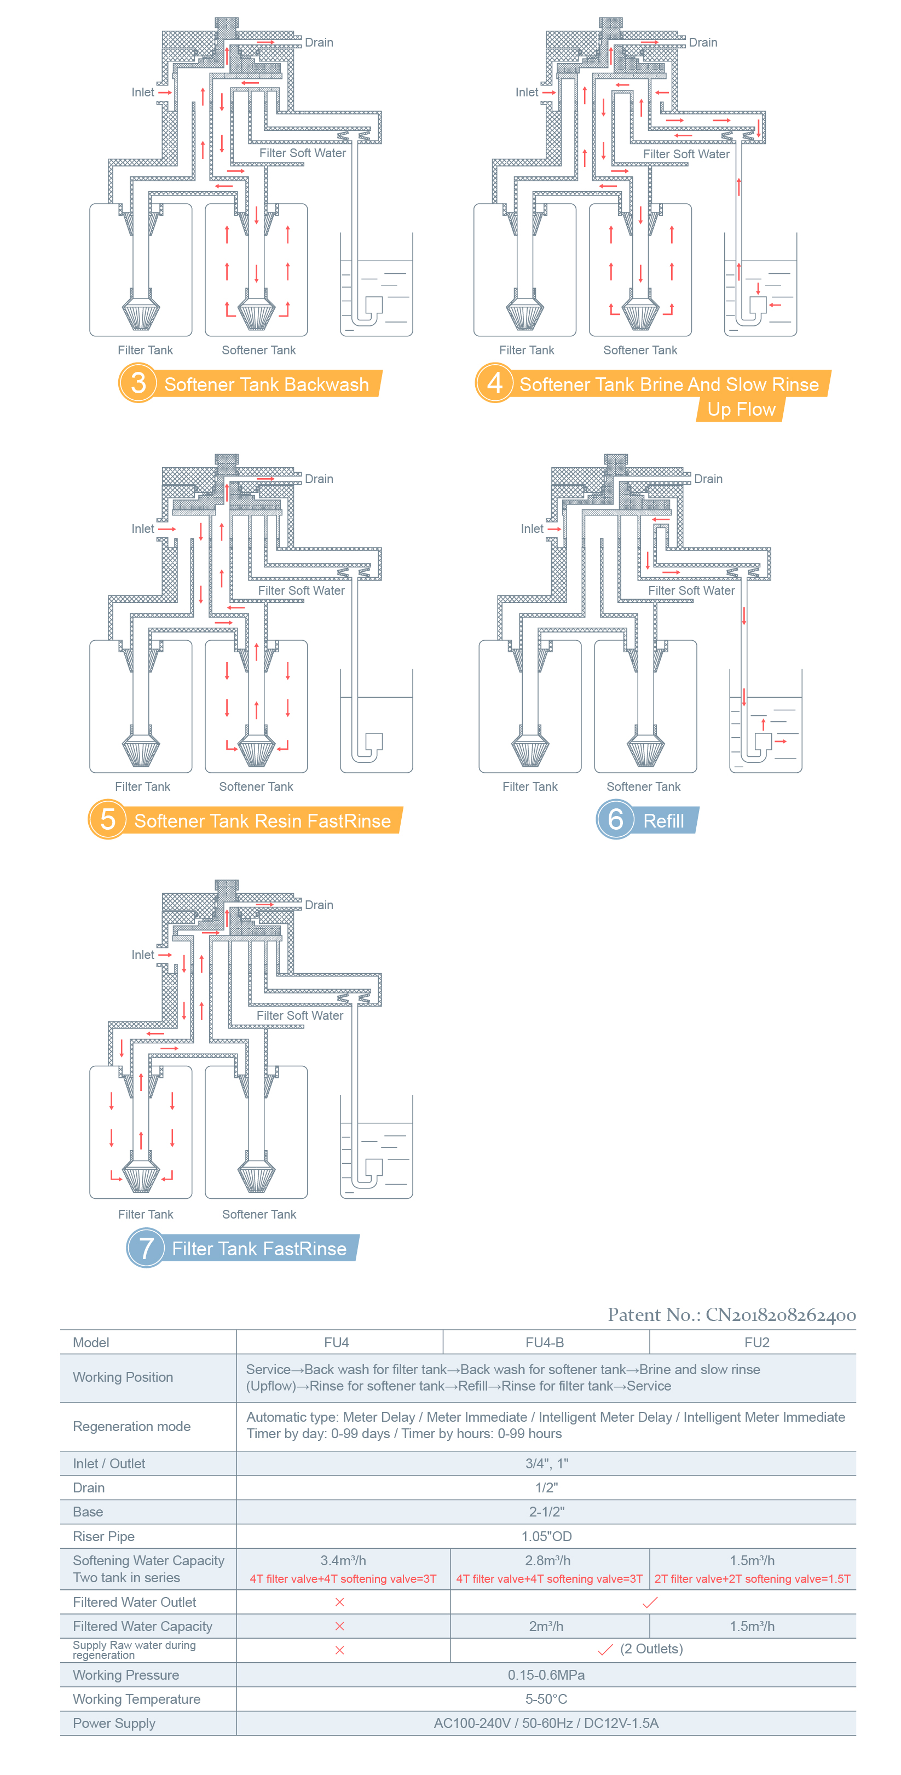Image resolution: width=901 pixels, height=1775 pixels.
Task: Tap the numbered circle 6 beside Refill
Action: (x=615, y=819)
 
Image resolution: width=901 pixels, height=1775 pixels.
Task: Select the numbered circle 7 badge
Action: (x=146, y=1248)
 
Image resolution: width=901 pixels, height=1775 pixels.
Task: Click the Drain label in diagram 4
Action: (x=703, y=43)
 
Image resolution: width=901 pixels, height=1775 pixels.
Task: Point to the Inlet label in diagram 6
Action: (x=532, y=529)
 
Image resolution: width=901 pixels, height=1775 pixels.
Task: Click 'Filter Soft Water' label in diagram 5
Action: (x=301, y=590)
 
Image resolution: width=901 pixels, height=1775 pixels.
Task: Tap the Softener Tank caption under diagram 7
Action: (x=259, y=1214)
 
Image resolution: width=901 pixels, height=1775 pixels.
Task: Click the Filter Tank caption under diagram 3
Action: (x=146, y=350)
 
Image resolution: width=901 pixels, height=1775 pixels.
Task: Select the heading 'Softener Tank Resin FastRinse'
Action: (x=262, y=820)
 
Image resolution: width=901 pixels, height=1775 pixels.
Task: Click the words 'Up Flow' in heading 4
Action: (x=741, y=409)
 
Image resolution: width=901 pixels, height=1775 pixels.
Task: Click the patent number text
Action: (x=731, y=1315)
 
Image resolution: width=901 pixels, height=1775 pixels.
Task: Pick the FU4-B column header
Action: (x=544, y=1342)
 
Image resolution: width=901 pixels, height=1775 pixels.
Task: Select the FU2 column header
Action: (x=756, y=1342)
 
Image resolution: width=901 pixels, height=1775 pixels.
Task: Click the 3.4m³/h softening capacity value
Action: (x=342, y=1560)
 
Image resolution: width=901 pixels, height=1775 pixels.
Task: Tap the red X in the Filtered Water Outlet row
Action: (x=339, y=1602)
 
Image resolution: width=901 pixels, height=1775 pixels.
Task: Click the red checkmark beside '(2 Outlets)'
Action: (x=605, y=1650)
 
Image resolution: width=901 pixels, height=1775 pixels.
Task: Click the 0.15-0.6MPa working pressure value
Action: (x=546, y=1674)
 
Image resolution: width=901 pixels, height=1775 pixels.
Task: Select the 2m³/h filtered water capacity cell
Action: (x=546, y=1626)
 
